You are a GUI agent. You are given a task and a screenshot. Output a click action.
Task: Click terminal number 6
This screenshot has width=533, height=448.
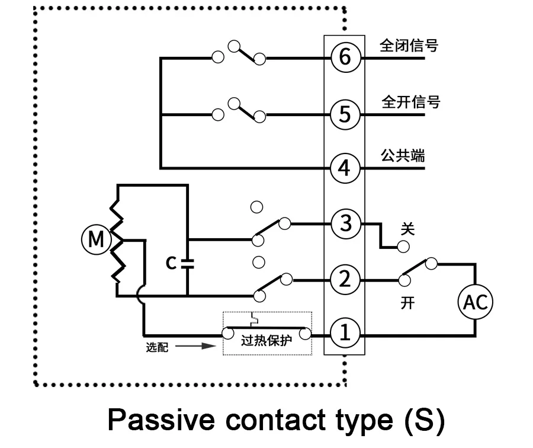tap(345, 57)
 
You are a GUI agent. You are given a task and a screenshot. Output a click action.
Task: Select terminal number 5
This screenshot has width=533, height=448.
tap(345, 114)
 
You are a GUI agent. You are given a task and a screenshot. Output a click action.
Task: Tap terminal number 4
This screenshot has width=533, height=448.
tap(345, 169)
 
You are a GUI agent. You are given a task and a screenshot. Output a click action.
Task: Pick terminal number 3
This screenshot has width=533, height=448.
tap(345, 223)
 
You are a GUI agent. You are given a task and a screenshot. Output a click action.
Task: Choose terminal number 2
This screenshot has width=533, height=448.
tap(345, 279)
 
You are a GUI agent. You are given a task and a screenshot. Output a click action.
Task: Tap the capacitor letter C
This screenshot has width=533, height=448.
tap(171, 263)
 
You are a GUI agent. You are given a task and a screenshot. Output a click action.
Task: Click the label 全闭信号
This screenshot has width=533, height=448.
tap(409, 46)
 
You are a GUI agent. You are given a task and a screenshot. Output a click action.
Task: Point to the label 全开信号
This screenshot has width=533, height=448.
tap(410, 102)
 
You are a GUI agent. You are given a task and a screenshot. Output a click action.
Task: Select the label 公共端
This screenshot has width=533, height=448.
tap(403, 157)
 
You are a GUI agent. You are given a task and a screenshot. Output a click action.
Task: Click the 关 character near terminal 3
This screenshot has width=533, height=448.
tap(407, 228)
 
